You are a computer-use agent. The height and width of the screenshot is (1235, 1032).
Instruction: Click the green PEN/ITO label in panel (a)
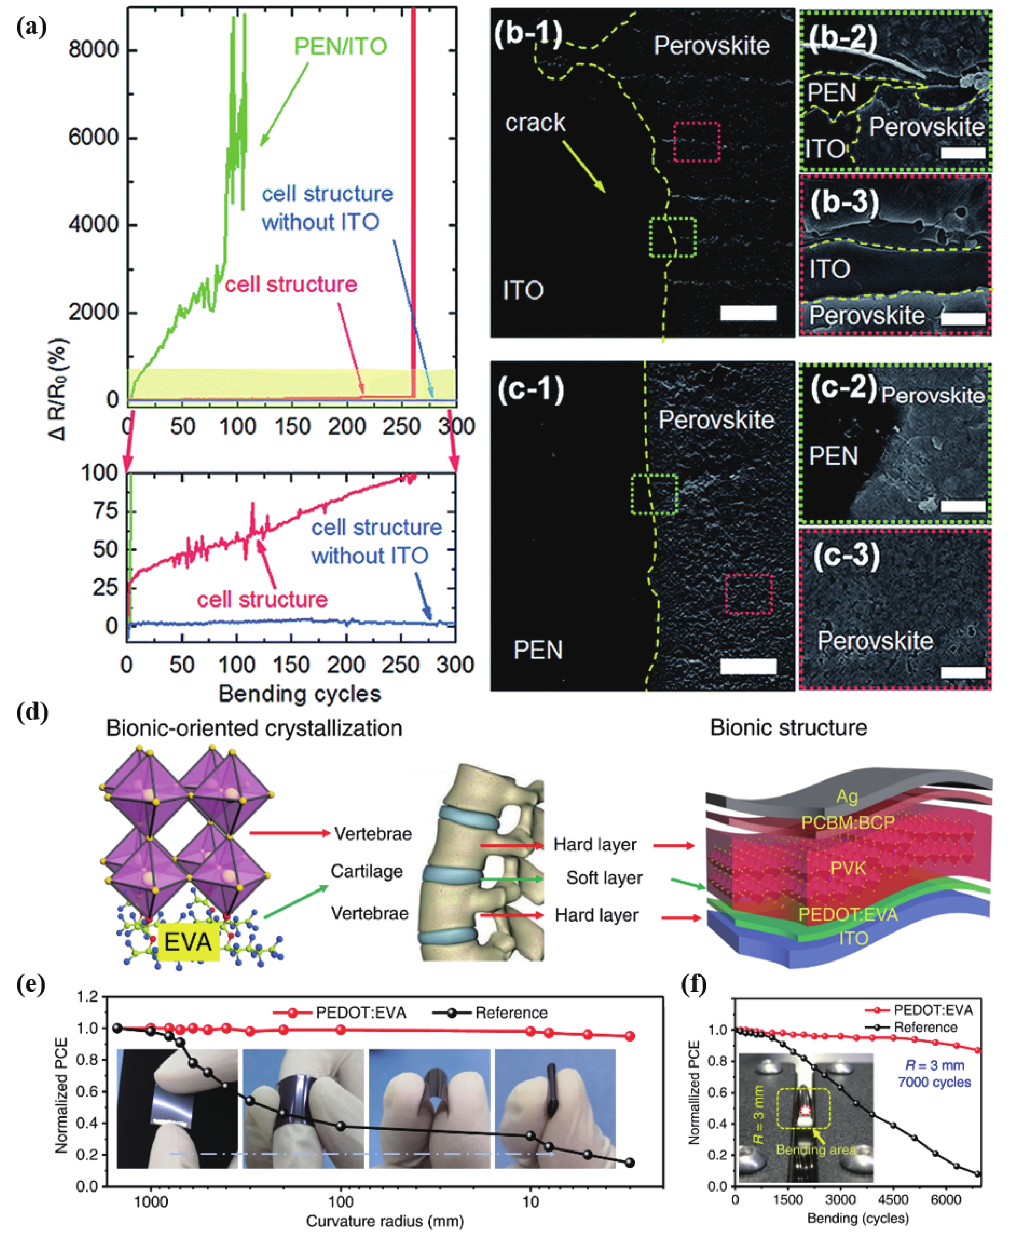(340, 47)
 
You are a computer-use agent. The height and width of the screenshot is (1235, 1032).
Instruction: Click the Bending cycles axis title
(299, 694)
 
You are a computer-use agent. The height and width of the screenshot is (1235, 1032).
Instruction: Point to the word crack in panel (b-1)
(535, 123)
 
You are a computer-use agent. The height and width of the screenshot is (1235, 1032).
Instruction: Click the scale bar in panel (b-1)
(748, 313)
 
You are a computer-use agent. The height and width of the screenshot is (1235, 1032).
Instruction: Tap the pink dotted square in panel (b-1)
(697, 142)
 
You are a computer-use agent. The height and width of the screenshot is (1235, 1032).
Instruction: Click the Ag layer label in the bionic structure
(847, 797)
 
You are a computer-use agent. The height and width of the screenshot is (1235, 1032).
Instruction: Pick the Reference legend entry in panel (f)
(925, 1027)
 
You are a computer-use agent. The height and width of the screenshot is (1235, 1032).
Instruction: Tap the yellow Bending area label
(815, 1150)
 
